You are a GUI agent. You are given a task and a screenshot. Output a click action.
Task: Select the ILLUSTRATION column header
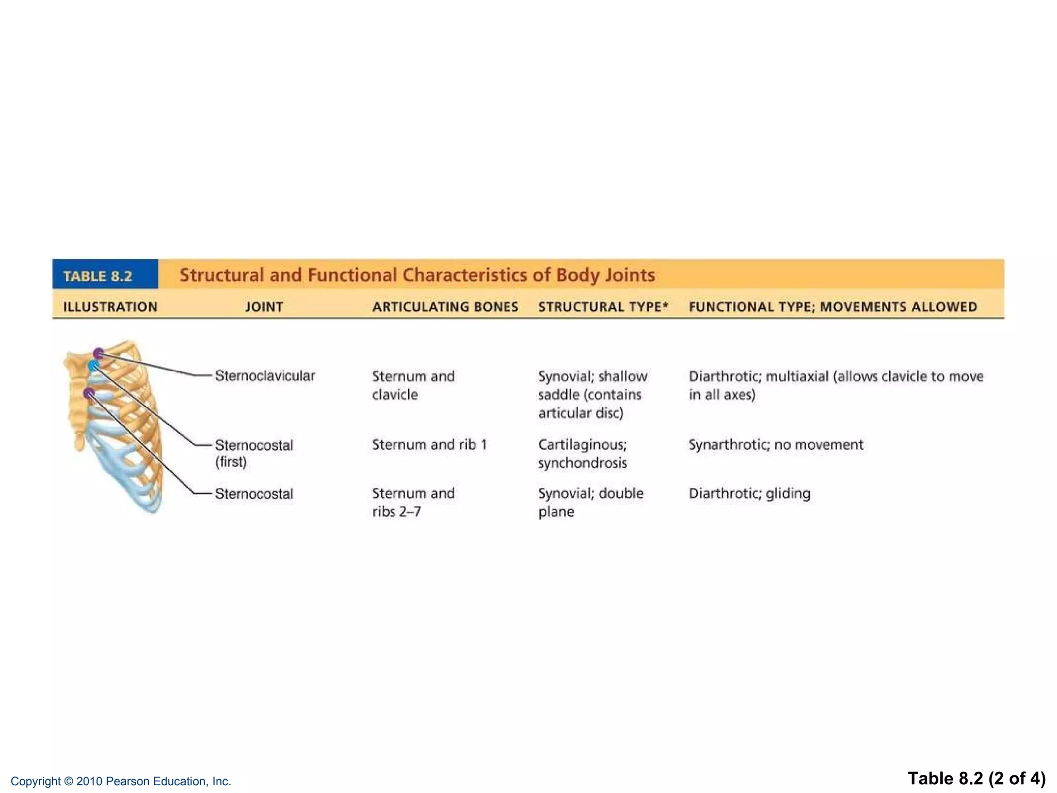click(110, 307)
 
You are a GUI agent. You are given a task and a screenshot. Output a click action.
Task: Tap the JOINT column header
click(264, 307)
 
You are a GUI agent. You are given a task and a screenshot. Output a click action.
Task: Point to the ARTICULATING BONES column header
click(445, 307)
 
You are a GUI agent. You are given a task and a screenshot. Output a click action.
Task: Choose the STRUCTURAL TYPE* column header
click(603, 307)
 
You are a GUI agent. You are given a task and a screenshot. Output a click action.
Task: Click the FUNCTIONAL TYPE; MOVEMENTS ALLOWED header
click(832, 307)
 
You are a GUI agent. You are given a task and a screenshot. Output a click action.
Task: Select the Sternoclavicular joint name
click(265, 376)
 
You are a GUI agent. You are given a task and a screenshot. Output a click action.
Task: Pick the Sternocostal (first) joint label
click(253, 453)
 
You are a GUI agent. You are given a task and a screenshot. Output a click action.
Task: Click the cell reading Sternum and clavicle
click(413, 385)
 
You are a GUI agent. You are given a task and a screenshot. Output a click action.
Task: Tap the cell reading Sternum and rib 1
click(429, 445)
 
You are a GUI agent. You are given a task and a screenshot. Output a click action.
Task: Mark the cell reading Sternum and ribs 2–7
click(413, 502)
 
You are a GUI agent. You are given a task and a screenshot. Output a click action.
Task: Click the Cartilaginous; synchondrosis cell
click(582, 453)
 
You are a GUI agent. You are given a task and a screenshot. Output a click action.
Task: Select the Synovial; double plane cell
click(590, 502)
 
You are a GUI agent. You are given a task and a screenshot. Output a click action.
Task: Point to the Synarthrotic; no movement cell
click(776, 445)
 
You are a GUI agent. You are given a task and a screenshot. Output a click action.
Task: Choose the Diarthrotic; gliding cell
click(749, 494)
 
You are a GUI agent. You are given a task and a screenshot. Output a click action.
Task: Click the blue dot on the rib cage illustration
click(93, 366)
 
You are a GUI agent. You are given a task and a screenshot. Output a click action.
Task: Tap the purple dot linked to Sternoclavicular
click(98, 354)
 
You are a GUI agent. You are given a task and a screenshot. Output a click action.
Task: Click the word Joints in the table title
click(630, 275)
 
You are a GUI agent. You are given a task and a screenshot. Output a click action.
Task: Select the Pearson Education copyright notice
click(121, 781)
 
